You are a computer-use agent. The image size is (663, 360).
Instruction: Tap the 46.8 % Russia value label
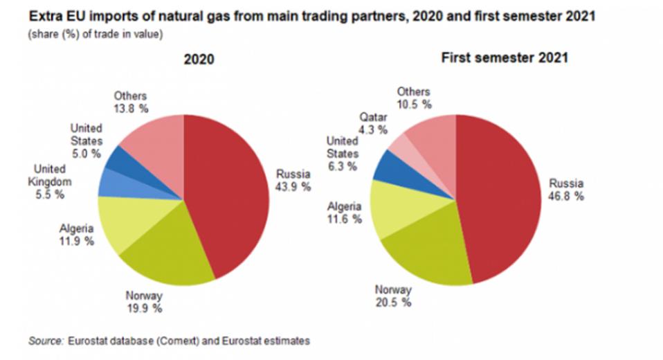[567, 196]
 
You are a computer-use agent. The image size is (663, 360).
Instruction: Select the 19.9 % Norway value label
[144, 308]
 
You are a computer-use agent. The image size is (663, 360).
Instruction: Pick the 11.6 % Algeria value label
[344, 219]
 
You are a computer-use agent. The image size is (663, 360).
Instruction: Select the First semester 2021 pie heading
[505, 57]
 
